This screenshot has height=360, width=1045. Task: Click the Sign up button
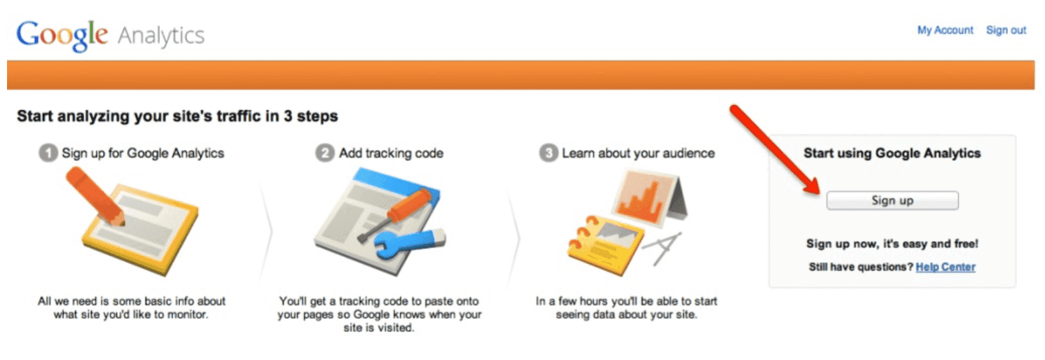click(892, 200)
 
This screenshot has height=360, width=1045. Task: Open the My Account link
click(945, 30)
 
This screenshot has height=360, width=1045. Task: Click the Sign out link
click(1006, 30)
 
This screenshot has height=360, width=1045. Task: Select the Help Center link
click(945, 267)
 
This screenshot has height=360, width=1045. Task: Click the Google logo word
click(62, 34)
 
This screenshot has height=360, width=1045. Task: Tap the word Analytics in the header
click(161, 35)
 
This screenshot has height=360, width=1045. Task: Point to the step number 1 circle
click(47, 153)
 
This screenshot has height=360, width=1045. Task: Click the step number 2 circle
click(324, 153)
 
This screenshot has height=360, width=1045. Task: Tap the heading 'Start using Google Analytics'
click(892, 153)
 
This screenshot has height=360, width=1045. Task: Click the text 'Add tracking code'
click(391, 153)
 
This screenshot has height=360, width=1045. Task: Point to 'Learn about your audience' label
click(638, 153)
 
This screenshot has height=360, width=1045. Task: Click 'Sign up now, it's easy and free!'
click(892, 244)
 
